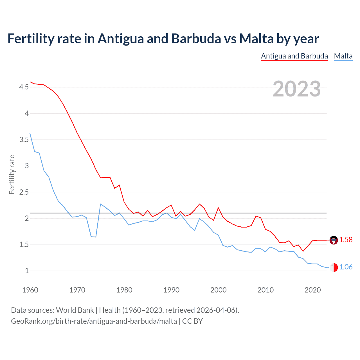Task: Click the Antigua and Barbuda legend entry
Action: (294, 56)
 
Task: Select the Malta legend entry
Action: (343, 56)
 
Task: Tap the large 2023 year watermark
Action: (297, 89)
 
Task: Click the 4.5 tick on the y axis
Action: (24, 87)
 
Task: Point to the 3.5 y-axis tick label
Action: (24, 140)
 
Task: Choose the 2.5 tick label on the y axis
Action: (24, 192)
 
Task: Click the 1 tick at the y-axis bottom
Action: (27, 271)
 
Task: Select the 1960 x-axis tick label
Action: (30, 290)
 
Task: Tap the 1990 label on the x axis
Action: (171, 290)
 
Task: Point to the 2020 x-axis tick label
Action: (312, 290)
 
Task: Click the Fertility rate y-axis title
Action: (12, 174)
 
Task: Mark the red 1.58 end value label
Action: (346, 240)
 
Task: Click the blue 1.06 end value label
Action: (346, 267)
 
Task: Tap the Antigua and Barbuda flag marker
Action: (334, 240)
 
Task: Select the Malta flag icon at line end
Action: (334, 267)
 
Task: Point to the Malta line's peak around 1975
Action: (101, 204)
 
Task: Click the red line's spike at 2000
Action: (219, 208)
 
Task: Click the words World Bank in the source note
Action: (75, 310)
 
